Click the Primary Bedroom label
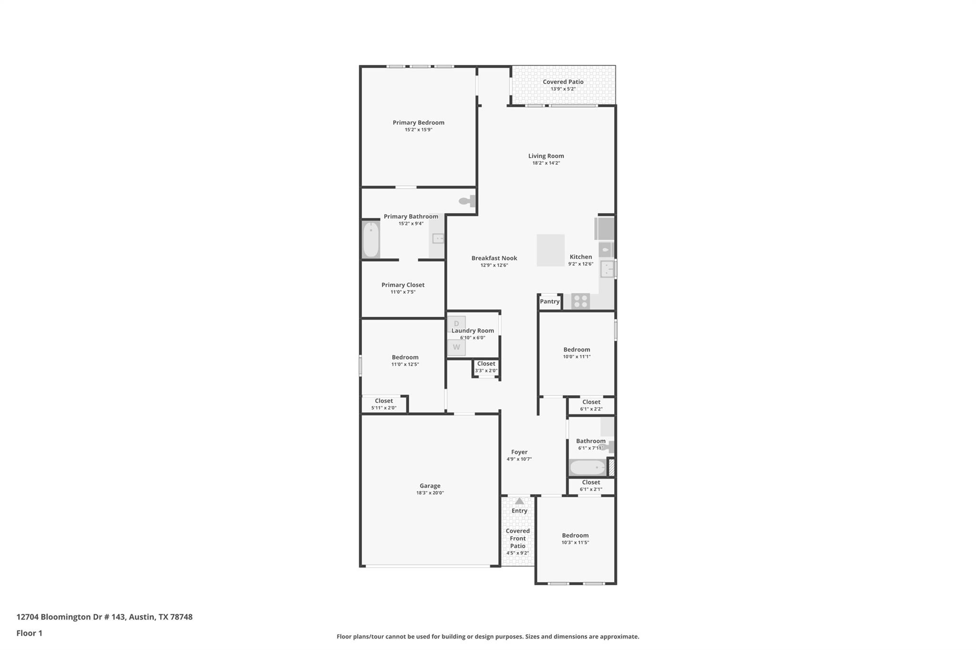(x=418, y=122)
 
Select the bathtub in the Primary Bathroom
(x=371, y=240)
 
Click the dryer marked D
(x=456, y=324)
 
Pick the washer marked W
(x=456, y=347)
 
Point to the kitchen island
(x=550, y=250)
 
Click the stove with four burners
(x=580, y=301)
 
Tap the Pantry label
(x=549, y=301)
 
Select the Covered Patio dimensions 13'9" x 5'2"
(x=563, y=89)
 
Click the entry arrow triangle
(x=519, y=501)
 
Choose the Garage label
(x=430, y=486)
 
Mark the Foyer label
(x=519, y=452)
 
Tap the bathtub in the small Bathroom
(x=587, y=467)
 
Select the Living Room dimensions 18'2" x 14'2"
(x=546, y=163)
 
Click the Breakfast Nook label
(x=494, y=258)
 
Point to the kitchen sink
(x=606, y=270)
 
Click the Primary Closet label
(x=403, y=285)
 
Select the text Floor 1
(x=30, y=633)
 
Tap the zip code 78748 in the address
(x=182, y=617)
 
